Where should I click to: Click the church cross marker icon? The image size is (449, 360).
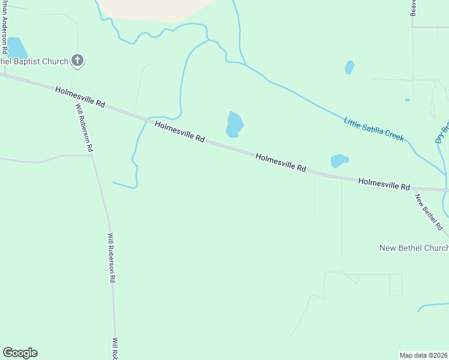77,60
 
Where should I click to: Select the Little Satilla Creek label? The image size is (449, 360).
374,129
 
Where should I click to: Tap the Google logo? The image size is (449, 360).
20,353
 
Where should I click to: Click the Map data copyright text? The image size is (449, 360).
424,355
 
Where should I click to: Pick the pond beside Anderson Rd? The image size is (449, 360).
16,47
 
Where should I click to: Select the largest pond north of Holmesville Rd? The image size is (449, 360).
234,124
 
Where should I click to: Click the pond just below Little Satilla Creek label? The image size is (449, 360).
339,161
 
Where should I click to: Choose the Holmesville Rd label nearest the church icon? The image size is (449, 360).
80,97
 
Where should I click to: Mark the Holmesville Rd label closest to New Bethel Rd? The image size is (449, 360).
384,184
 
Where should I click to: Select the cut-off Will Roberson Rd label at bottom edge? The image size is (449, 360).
115,348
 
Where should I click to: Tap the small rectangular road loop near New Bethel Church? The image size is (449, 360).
396,284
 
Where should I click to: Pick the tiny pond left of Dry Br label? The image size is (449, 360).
407,100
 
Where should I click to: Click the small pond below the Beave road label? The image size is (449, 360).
349,67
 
